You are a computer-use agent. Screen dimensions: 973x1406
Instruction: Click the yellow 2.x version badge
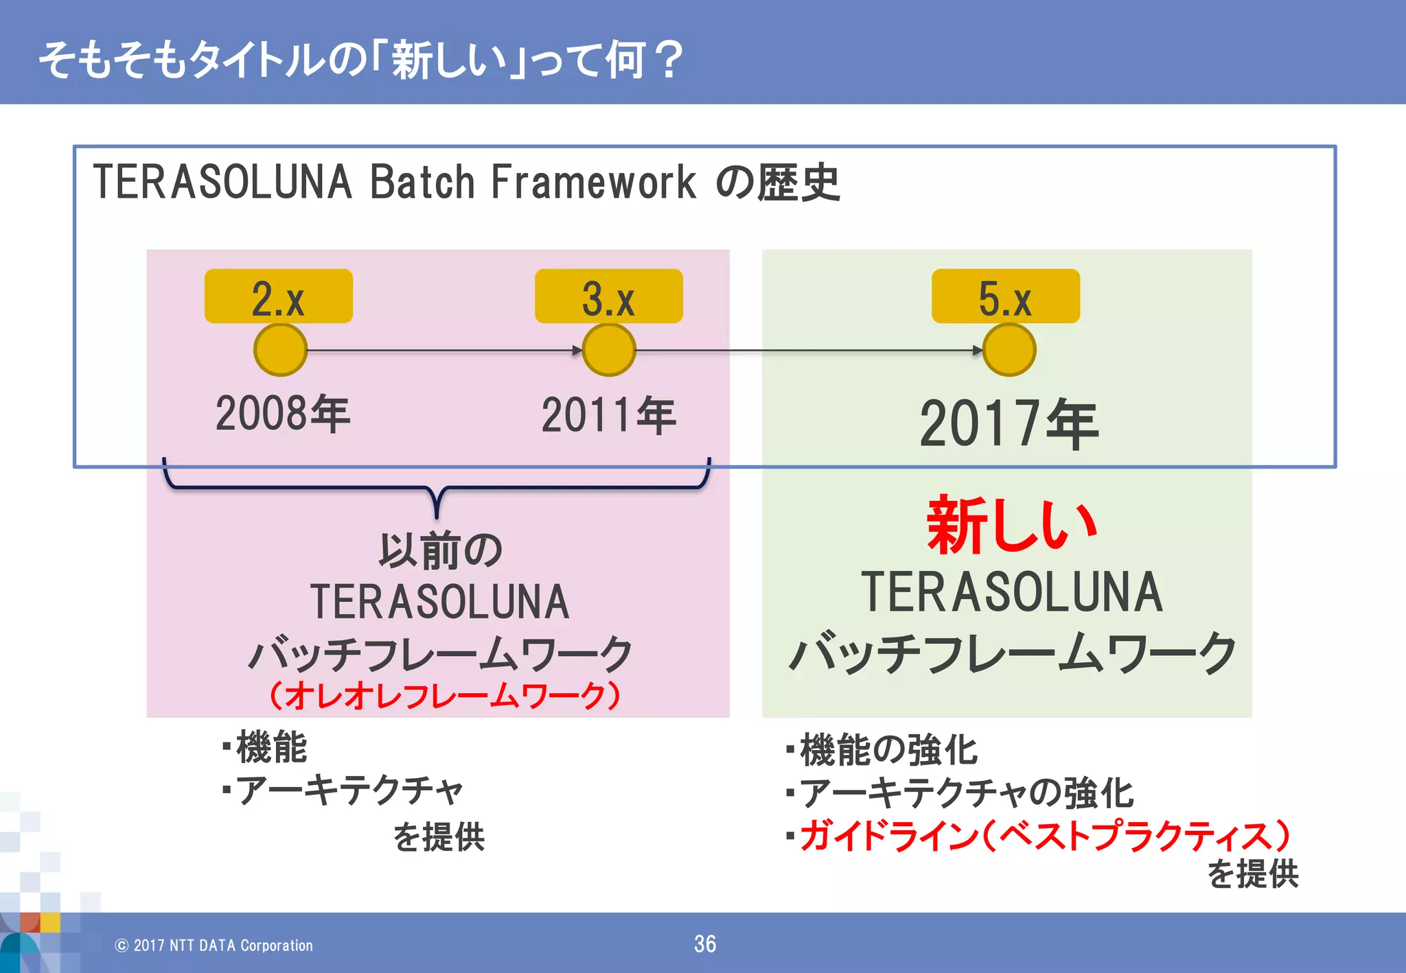tap(278, 296)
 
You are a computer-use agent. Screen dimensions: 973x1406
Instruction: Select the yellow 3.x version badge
tap(608, 296)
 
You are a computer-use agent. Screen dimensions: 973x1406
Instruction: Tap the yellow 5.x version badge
tap(1005, 296)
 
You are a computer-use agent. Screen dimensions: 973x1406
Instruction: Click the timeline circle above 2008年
tap(280, 350)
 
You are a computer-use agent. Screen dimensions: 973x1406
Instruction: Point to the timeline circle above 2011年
tap(609, 350)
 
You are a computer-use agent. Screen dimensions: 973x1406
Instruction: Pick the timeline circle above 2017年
tap(1009, 350)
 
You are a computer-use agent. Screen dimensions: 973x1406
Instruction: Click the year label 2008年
tap(283, 414)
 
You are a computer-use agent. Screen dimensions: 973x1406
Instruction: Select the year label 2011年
tap(609, 416)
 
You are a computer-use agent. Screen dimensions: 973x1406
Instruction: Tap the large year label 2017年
tap(1009, 424)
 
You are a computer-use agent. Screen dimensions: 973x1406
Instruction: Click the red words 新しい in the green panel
tap(1011, 526)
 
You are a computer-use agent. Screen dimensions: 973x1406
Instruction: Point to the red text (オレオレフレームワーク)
tap(445, 696)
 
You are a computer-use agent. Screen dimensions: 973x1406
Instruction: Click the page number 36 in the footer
tap(705, 944)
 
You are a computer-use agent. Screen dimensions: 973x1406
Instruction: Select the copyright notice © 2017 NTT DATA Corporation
tap(214, 946)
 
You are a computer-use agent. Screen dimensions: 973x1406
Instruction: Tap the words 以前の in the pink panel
tap(441, 550)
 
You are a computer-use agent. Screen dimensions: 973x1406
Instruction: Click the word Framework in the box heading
tap(593, 183)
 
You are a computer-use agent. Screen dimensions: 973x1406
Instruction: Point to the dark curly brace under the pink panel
tap(437, 489)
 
